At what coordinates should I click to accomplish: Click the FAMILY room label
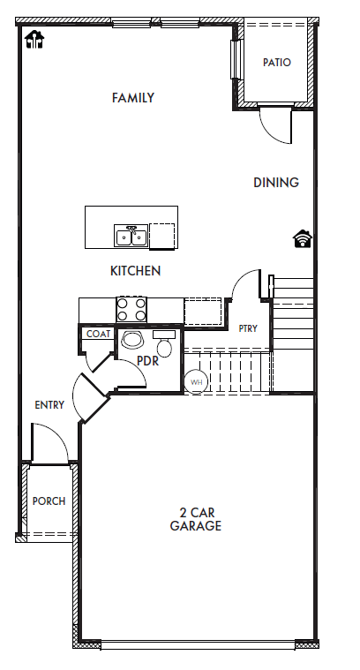pyautogui.click(x=133, y=98)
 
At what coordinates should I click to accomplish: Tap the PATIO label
pyautogui.click(x=277, y=63)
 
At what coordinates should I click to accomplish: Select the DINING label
pyautogui.click(x=276, y=183)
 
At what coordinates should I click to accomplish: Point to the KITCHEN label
pyautogui.click(x=135, y=270)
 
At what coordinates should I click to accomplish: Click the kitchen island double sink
pyautogui.click(x=131, y=236)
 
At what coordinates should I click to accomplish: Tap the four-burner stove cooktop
pyautogui.click(x=131, y=310)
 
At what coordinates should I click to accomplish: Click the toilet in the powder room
pyautogui.click(x=164, y=343)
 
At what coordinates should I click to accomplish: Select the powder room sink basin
pyautogui.click(x=131, y=340)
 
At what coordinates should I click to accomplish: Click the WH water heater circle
pyautogui.click(x=196, y=381)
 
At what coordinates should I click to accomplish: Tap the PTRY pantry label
pyautogui.click(x=248, y=328)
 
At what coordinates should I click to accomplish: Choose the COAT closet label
pyautogui.click(x=99, y=335)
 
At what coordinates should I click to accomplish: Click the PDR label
pyautogui.click(x=147, y=361)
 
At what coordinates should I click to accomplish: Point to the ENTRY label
pyautogui.click(x=49, y=404)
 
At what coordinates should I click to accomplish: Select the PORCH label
pyautogui.click(x=49, y=501)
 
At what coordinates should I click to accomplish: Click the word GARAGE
pyautogui.click(x=196, y=525)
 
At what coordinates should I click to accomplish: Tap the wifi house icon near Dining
pyautogui.click(x=303, y=239)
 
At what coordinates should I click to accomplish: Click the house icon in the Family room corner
pyautogui.click(x=34, y=40)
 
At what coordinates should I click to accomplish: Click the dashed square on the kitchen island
pyautogui.click(x=161, y=236)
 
